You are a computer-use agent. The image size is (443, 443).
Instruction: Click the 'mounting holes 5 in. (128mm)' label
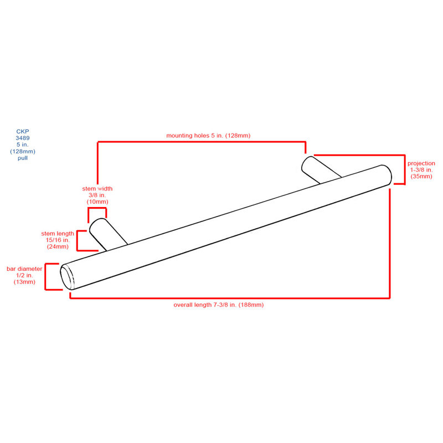click(x=208, y=136)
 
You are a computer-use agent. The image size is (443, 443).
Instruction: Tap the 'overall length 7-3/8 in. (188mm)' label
click(x=218, y=305)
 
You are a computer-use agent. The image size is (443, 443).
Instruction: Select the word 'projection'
click(x=421, y=163)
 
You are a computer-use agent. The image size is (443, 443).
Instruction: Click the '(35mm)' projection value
click(x=421, y=177)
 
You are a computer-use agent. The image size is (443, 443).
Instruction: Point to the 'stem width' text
click(x=97, y=188)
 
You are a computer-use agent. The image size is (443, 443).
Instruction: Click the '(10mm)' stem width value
click(x=97, y=202)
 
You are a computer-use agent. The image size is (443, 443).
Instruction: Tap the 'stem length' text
click(x=58, y=233)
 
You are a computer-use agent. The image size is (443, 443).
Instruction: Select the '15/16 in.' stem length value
click(x=58, y=240)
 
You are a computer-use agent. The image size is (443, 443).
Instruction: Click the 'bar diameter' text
click(x=24, y=269)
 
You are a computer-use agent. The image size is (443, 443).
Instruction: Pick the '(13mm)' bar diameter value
click(x=24, y=282)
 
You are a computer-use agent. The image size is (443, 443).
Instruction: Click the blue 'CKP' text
click(x=23, y=131)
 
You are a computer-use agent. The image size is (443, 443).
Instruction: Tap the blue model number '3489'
click(x=23, y=138)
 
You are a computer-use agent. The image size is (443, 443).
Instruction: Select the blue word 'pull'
click(x=23, y=158)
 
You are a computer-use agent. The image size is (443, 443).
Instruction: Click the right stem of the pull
click(x=322, y=170)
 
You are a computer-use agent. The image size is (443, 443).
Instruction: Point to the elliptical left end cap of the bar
click(x=67, y=277)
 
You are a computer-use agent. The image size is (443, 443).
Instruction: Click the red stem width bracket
click(x=97, y=208)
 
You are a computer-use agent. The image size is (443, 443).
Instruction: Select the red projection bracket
click(x=405, y=169)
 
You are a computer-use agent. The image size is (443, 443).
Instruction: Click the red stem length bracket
click(x=77, y=241)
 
